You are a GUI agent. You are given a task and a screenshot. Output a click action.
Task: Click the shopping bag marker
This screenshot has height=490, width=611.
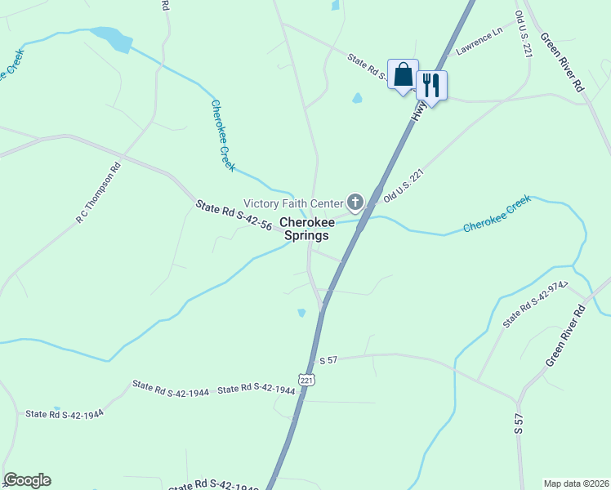(403, 75)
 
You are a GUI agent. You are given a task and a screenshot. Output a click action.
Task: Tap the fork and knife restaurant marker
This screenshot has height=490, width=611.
(431, 84)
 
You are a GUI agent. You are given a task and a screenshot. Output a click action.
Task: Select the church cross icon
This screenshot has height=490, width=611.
(355, 201)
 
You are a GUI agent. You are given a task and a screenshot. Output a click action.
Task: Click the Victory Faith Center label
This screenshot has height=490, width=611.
(294, 203)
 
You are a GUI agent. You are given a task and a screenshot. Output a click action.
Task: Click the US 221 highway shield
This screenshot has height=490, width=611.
(306, 381)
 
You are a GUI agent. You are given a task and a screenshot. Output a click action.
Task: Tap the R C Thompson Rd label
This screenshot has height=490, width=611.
(98, 194)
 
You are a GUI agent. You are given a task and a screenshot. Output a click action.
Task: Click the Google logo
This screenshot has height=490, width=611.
(27, 480)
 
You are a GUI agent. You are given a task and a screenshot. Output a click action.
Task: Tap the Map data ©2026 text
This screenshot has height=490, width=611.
(577, 483)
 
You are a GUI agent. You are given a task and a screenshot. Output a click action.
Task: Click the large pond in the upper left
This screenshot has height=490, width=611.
(112, 38)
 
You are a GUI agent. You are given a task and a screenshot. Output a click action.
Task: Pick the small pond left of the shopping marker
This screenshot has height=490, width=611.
(357, 99)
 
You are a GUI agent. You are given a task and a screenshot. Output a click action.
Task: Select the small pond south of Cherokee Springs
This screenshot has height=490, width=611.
(301, 313)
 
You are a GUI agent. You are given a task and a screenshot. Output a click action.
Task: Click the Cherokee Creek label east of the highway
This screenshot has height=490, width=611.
(497, 215)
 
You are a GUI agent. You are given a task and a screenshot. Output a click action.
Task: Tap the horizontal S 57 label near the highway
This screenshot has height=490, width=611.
(328, 359)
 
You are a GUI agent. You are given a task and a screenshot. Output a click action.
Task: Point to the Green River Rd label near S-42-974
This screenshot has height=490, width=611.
(566, 335)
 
